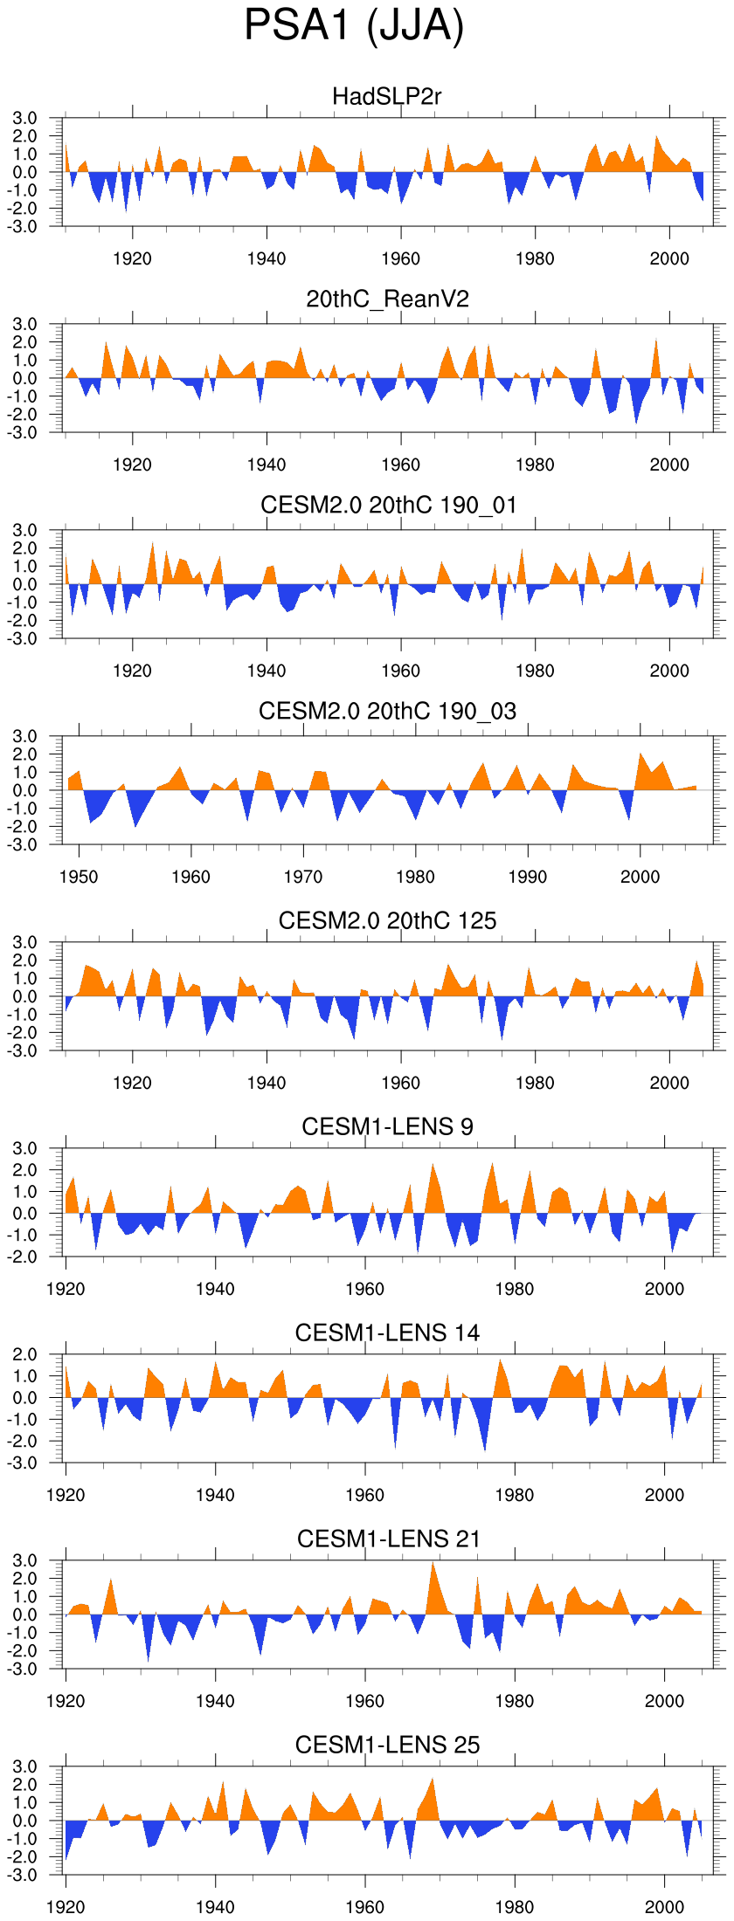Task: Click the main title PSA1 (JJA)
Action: point(354,26)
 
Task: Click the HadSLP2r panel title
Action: point(387,96)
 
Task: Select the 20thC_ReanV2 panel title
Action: point(387,300)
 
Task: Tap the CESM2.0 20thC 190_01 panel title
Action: point(388,506)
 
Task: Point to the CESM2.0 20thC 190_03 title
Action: point(387,712)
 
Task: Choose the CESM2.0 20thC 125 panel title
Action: point(387,920)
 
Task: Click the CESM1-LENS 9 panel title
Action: point(387,1127)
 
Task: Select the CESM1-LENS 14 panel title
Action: point(387,1333)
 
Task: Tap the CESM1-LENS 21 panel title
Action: point(388,1539)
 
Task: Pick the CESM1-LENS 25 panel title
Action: point(387,1745)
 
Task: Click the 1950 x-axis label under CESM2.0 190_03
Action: point(79,877)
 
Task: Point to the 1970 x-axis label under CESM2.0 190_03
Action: point(303,877)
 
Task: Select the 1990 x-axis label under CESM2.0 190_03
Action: point(528,877)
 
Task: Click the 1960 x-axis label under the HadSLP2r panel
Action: point(400,258)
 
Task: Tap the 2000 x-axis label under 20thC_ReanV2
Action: point(669,465)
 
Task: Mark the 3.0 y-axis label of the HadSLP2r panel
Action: point(25,119)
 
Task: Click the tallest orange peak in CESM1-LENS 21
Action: point(432,1564)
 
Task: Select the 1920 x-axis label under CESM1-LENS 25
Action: point(66,1907)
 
